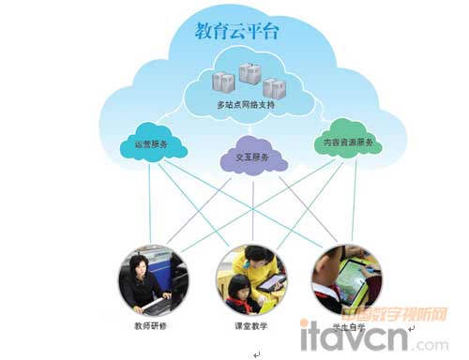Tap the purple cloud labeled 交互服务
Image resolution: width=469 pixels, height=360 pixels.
click(248, 158)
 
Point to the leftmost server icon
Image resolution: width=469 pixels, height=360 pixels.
click(222, 82)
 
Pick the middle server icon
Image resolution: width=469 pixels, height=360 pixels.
click(250, 72)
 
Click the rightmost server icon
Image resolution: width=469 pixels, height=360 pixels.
click(274, 87)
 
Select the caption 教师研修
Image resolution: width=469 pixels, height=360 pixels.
click(154, 326)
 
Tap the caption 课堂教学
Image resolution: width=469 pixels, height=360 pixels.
click(250, 326)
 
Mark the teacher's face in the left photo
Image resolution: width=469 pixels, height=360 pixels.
click(140, 263)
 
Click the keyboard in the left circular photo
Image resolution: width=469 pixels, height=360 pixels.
click(150, 306)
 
